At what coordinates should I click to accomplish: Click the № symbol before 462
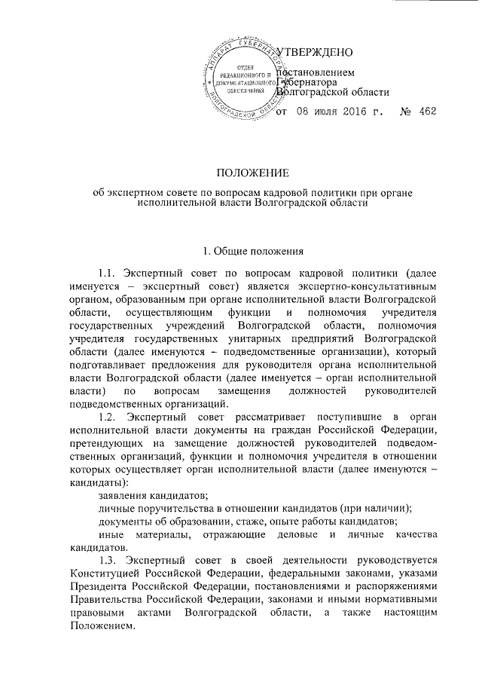405,112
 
